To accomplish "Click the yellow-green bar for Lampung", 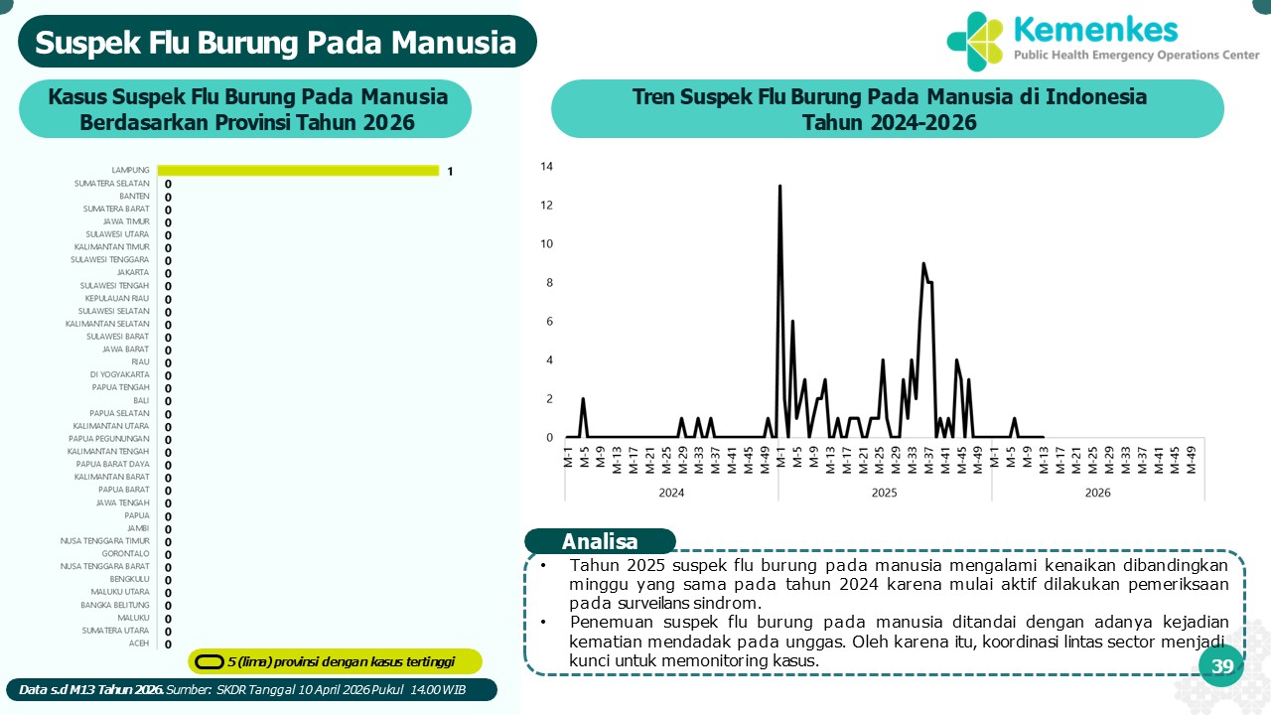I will (298, 171).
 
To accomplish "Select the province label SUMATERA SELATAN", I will (112, 184).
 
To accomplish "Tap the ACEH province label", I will (139, 643).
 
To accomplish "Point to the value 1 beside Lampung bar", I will (450, 172).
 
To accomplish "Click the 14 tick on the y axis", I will (546, 167).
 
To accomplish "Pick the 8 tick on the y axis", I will (548, 283).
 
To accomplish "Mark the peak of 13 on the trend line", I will (779, 187).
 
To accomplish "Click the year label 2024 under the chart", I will (671, 493).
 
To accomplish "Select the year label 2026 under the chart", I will (1097, 493).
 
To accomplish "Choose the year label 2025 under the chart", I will (885, 493).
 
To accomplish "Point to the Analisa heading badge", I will (600, 542).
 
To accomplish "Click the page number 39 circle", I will (1221, 667).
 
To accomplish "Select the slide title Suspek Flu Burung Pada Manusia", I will (276, 43).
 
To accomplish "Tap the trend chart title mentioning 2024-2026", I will (889, 109).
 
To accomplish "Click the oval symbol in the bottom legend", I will (209, 662).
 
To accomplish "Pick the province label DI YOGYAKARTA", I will (119, 375).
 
